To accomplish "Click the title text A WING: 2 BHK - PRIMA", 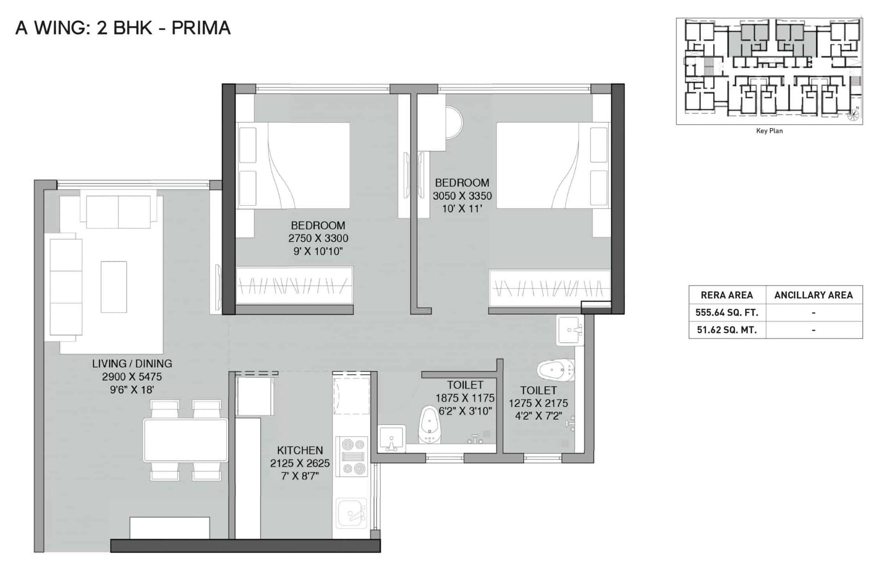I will coord(123,28).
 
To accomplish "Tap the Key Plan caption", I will coord(769,131).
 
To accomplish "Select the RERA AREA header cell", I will coord(727,295).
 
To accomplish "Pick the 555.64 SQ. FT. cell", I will coord(727,313).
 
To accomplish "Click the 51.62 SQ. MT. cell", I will coord(727,330).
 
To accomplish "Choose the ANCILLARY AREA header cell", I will coord(813,295).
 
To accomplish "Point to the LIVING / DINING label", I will coord(132,364).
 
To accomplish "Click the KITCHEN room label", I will coord(300,450).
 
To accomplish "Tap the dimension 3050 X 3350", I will coord(462,196).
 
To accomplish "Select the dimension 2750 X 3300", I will coord(318,238).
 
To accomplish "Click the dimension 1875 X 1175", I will coord(465,398).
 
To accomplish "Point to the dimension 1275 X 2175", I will coord(538,403).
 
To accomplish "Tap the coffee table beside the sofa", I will coord(114,287).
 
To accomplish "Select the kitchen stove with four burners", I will coord(352,456).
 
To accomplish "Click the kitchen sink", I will coord(352,513).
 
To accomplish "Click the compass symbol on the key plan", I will coord(853,115).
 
